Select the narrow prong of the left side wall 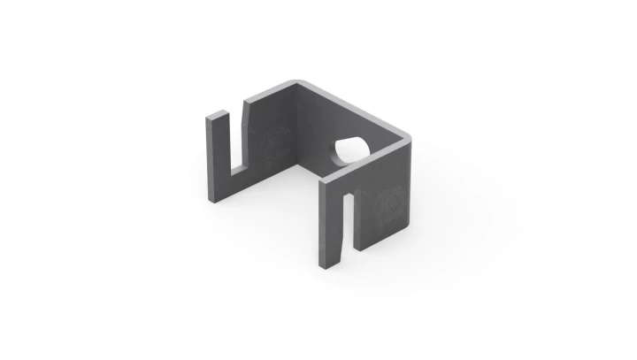point(218,155)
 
